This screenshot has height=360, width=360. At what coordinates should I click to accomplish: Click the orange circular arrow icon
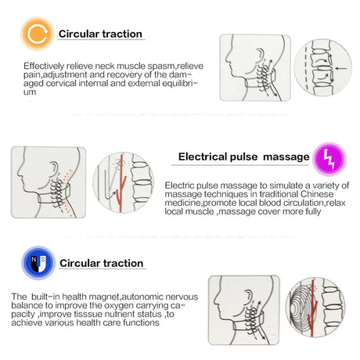38,34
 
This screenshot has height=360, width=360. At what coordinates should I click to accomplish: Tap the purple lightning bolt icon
329,159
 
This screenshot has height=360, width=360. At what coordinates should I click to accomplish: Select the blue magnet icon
38,263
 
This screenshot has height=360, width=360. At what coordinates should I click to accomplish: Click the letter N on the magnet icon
34,259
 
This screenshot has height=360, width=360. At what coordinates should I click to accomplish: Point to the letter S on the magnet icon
43,259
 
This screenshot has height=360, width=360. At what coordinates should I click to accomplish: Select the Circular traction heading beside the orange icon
100,34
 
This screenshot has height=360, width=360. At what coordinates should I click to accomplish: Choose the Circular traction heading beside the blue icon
102,263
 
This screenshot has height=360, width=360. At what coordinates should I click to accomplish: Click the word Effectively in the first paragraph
44,66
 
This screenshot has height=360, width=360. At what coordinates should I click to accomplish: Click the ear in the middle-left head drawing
54,169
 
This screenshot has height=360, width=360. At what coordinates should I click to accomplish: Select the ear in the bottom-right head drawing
248,297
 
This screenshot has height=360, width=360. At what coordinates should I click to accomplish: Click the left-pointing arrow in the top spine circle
341,69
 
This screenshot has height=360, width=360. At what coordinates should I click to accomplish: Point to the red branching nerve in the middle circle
121,183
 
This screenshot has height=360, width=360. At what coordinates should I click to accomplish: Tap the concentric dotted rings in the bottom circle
301,307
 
